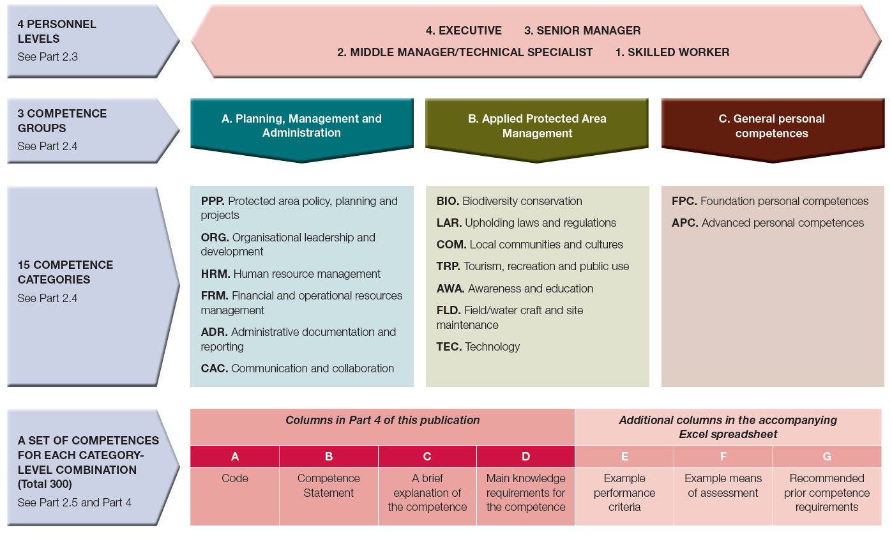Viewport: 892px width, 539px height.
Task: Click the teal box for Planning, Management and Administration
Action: pyautogui.click(x=301, y=126)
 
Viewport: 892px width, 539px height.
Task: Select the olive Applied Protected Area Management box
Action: pyautogui.click(x=536, y=126)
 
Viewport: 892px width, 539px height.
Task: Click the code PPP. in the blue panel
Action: pyautogui.click(x=213, y=201)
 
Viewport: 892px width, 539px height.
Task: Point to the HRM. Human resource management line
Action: pyautogui.click(x=291, y=274)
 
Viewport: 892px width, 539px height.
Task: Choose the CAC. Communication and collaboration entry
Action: pyautogui.click(x=297, y=368)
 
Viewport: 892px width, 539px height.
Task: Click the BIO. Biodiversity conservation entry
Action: pyautogui.click(x=509, y=201)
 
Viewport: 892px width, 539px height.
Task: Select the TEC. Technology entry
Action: pyautogui.click(x=478, y=347)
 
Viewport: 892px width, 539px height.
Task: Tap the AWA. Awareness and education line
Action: pyautogui.click(x=515, y=289)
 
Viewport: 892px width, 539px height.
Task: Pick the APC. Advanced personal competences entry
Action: pyautogui.click(x=767, y=223)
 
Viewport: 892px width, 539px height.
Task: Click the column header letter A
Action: pyautogui.click(x=235, y=457)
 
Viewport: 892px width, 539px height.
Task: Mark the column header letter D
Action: pyautogui.click(x=525, y=457)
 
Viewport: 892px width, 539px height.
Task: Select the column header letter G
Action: pyautogui.click(x=827, y=457)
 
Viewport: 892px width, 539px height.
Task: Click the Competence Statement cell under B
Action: pyautogui.click(x=329, y=485)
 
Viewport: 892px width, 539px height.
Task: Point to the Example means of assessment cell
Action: pyautogui.click(x=723, y=485)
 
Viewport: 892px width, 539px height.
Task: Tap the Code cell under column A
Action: pyautogui.click(x=235, y=478)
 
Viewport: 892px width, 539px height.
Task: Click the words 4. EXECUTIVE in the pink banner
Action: pyautogui.click(x=464, y=31)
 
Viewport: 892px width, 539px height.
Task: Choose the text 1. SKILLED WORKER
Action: pyautogui.click(x=672, y=52)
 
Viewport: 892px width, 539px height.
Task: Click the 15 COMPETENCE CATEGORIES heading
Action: pyautogui.click(x=65, y=272)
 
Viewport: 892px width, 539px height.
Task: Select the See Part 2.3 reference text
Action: pyautogui.click(x=48, y=57)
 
